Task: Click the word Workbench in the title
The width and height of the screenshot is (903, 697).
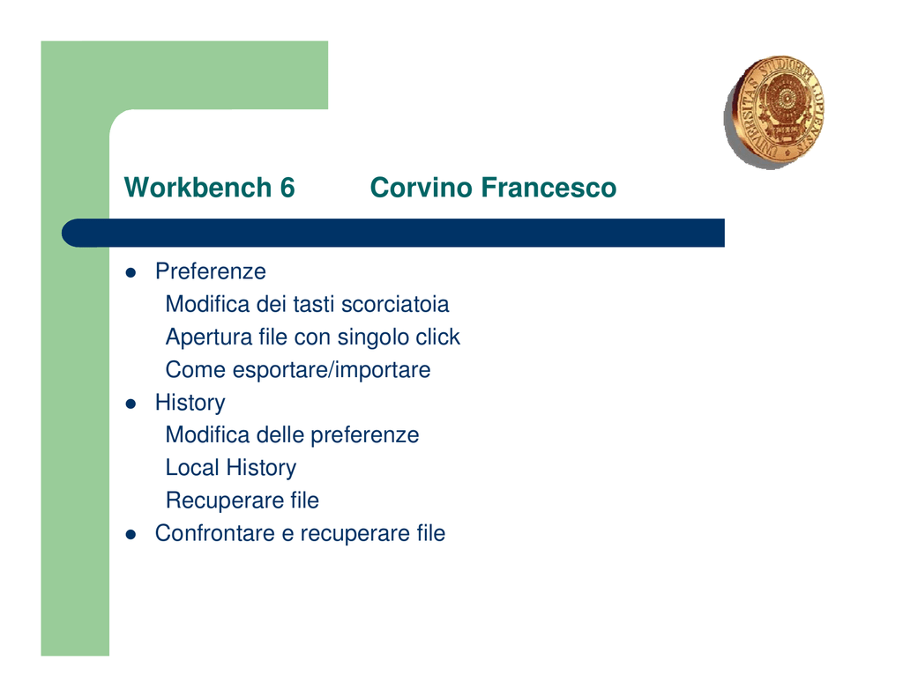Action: point(198,188)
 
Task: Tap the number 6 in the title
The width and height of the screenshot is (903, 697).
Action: point(287,188)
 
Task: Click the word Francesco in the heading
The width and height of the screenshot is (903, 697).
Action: point(549,188)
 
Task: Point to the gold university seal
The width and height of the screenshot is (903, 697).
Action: point(773,112)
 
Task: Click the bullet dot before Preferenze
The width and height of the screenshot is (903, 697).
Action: point(131,273)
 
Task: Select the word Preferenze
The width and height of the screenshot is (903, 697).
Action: point(210,271)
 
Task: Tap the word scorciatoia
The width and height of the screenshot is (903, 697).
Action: point(395,304)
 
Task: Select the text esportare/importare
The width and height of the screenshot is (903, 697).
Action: point(332,370)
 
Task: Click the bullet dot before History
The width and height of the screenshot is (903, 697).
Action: point(131,404)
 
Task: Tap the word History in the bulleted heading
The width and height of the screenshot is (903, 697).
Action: point(190,403)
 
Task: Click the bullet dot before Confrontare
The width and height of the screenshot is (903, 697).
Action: point(131,535)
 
